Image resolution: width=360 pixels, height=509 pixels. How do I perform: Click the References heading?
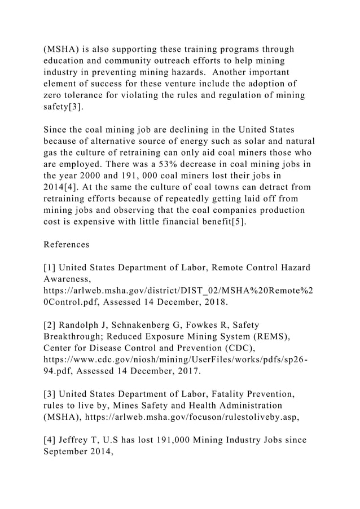point(66,245)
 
